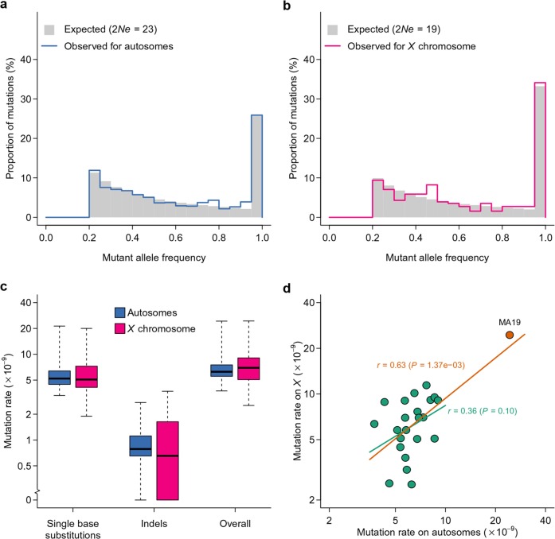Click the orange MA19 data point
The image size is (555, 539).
(510, 335)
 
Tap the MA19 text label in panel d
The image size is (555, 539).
(510, 322)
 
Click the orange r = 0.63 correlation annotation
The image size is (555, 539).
(421, 365)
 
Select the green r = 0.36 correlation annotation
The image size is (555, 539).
(482, 411)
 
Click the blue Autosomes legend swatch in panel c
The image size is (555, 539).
(120, 312)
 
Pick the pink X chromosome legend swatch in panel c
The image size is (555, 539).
(120, 328)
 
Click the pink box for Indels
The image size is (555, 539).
(167, 460)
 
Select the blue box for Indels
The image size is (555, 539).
(140, 446)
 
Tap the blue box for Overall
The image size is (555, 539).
(221, 370)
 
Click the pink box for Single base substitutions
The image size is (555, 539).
(86, 377)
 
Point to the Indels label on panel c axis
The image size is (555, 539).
(154, 523)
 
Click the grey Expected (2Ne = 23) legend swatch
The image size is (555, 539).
(49, 29)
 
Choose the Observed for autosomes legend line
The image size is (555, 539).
(49, 46)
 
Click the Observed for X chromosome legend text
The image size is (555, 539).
(412, 46)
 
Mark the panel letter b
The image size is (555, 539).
(287, 6)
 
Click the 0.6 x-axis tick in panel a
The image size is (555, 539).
(175, 238)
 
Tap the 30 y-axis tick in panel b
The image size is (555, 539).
(309, 99)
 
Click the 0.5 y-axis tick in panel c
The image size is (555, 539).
(25, 466)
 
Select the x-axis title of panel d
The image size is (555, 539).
(437, 532)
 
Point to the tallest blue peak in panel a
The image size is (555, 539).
(256, 114)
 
